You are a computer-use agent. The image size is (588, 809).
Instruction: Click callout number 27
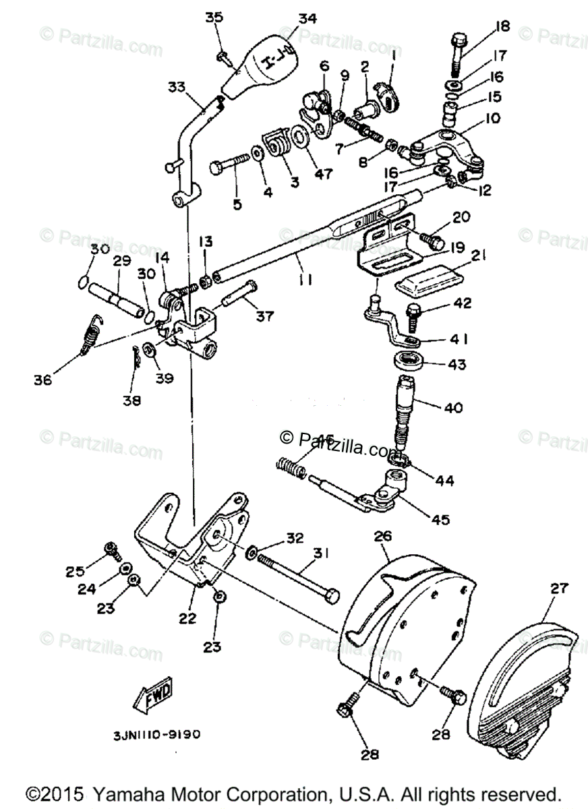coord(559,588)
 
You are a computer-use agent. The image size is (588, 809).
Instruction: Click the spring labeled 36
coord(88,335)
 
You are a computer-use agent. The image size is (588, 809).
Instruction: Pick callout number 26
coord(401,537)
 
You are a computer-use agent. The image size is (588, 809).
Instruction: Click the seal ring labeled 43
coord(409,359)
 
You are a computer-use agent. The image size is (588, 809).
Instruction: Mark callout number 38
coord(132,400)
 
